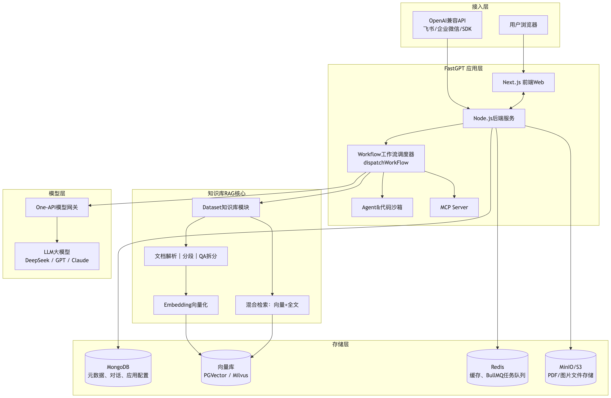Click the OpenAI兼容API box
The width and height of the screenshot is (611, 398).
[447, 25]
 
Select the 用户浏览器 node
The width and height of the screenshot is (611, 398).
[523, 25]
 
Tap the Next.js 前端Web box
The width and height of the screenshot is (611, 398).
[523, 82]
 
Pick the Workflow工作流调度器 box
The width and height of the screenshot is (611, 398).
[386, 158]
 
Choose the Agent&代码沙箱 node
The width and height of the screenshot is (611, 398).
[382, 207]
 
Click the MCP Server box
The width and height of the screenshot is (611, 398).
[454, 207]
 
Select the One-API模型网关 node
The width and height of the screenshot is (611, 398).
[57, 207]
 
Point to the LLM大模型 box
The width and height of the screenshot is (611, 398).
[57, 256]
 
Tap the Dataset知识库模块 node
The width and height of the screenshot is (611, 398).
[226, 207]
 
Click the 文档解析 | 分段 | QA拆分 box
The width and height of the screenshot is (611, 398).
[186, 256]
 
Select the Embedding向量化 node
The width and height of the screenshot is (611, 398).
[186, 305]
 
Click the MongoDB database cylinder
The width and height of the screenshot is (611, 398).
[118, 368]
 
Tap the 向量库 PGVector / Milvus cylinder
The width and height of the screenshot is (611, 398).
[226, 368]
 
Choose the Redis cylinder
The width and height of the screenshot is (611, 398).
[497, 368]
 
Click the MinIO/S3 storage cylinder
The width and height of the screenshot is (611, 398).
[571, 368]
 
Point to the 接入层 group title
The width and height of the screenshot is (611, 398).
[480, 7]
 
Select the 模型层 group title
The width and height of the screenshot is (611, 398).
[57, 193]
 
